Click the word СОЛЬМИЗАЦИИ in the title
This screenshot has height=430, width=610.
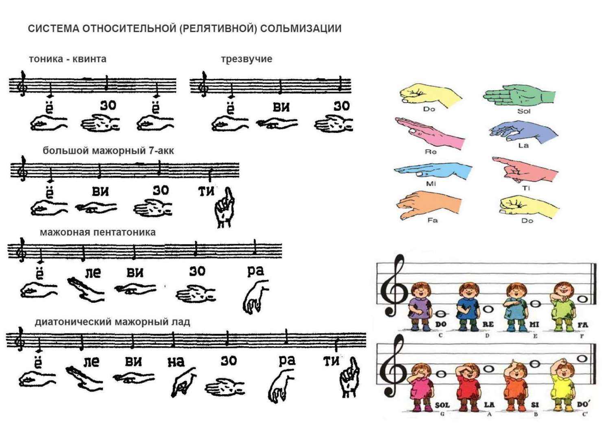point(301,29)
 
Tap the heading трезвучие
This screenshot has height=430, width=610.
point(246,59)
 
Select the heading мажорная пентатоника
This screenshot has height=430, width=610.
point(98,232)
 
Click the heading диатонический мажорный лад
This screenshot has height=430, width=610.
point(113,322)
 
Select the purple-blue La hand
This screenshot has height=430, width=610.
point(523,132)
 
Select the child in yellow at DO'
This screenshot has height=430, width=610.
point(562,386)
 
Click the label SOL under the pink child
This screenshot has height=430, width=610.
point(442,405)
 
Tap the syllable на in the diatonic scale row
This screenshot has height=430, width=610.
point(176,362)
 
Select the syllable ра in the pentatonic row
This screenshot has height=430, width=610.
point(255,271)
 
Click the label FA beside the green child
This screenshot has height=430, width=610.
point(583,325)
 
